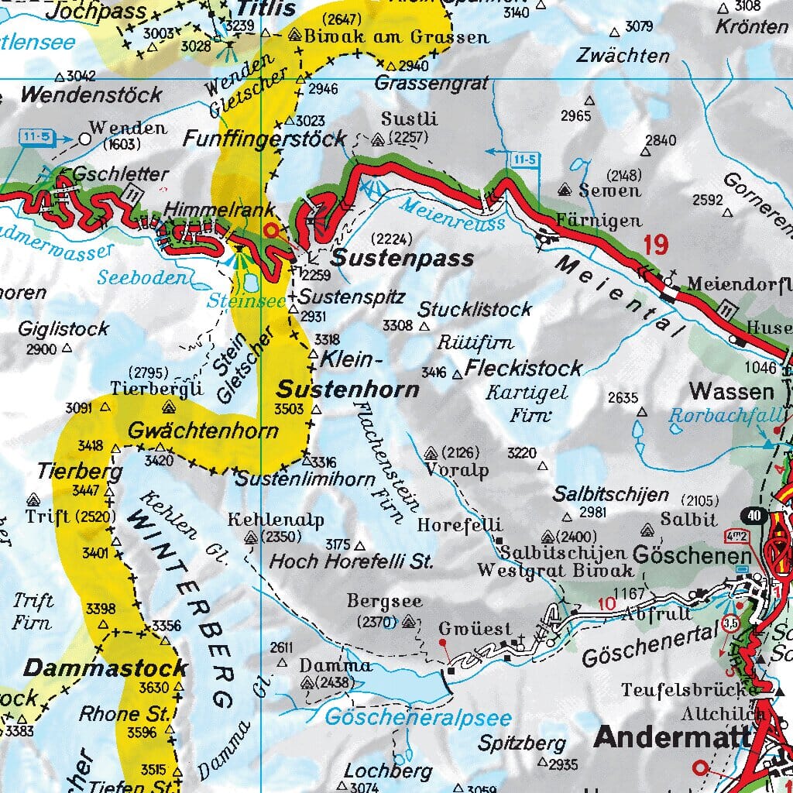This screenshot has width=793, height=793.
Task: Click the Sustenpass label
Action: click(x=403, y=259)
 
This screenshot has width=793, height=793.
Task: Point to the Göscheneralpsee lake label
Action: click(x=417, y=717)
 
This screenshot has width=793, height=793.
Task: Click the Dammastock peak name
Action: click(x=105, y=668)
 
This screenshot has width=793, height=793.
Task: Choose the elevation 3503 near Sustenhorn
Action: click(x=289, y=408)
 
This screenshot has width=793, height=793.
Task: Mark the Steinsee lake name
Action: click(x=247, y=302)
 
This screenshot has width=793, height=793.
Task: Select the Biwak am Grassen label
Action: click(x=396, y=36)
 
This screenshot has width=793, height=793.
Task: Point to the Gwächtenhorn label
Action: click(x=203, y=431)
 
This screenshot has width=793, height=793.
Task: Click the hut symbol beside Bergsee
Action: click(x=409, y=621)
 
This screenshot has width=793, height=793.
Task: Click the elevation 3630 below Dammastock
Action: click(x=153, y=687)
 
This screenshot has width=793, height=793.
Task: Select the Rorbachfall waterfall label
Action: click(x=726, y=416)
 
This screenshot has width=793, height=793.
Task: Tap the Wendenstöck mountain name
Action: click(x=91, y=95)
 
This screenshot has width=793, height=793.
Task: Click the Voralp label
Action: click(x=457, y=469)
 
